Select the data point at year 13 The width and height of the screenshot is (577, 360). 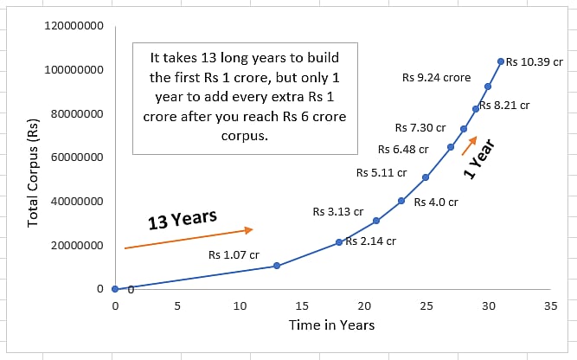277,266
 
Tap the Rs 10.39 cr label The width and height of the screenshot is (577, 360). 535,61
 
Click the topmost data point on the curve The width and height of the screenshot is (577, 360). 501,61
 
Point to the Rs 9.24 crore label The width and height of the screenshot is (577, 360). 436,77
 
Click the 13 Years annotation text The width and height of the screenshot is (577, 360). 182,220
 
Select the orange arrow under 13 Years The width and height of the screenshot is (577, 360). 188,239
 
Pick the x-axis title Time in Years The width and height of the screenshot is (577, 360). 332,325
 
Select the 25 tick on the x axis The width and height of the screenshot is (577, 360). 426,305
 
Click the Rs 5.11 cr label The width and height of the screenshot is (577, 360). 381,172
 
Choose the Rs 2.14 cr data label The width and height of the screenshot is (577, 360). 370,241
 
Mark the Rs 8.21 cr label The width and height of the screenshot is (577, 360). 504,105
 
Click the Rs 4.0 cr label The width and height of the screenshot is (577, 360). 436,202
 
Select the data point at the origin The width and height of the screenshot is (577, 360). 115,288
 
